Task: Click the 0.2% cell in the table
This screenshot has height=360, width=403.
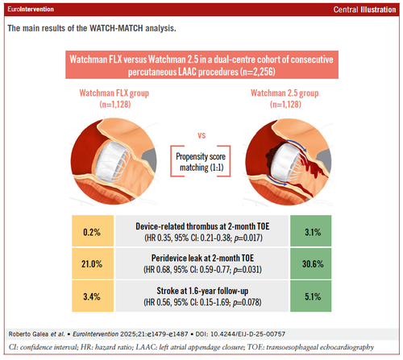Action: (93, 231)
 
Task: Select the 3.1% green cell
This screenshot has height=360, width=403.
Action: (311, 231)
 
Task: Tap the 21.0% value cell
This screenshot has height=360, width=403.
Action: (93, 263)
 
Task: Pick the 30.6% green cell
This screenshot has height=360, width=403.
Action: (311, 263)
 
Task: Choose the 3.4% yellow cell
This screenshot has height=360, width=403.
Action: (93, 296)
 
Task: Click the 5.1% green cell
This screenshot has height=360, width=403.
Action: (311, 296)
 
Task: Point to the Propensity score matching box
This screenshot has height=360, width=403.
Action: (201, 161)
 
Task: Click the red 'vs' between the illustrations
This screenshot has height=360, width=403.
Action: (201, 135)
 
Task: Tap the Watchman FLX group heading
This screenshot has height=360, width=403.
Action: (114, 98)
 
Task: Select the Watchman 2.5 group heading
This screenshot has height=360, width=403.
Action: (285, 98)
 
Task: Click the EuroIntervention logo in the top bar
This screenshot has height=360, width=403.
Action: (31, 9)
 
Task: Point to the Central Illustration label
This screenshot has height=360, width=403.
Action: (364, 10)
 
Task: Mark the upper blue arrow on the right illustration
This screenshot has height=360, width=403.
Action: (297, 143)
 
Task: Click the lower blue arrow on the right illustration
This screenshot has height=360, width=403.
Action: (276, 180)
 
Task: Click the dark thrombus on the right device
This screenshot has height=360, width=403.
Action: (272, 153)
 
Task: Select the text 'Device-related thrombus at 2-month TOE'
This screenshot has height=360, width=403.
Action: (202, 226)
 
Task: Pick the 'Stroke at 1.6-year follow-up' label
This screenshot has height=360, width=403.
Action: (202, 291)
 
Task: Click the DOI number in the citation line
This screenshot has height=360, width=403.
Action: (247, 334)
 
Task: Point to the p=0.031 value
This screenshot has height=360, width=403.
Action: (247, 270)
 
